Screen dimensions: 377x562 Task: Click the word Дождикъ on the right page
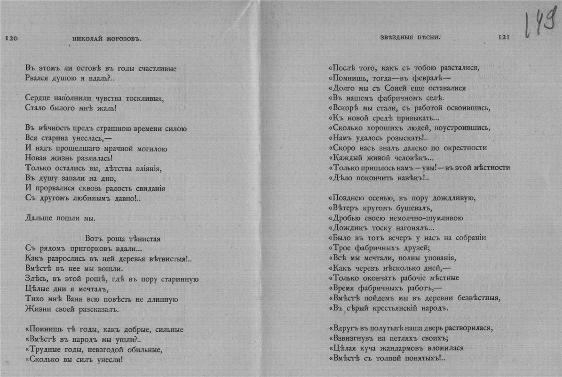(x=347, y=229)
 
